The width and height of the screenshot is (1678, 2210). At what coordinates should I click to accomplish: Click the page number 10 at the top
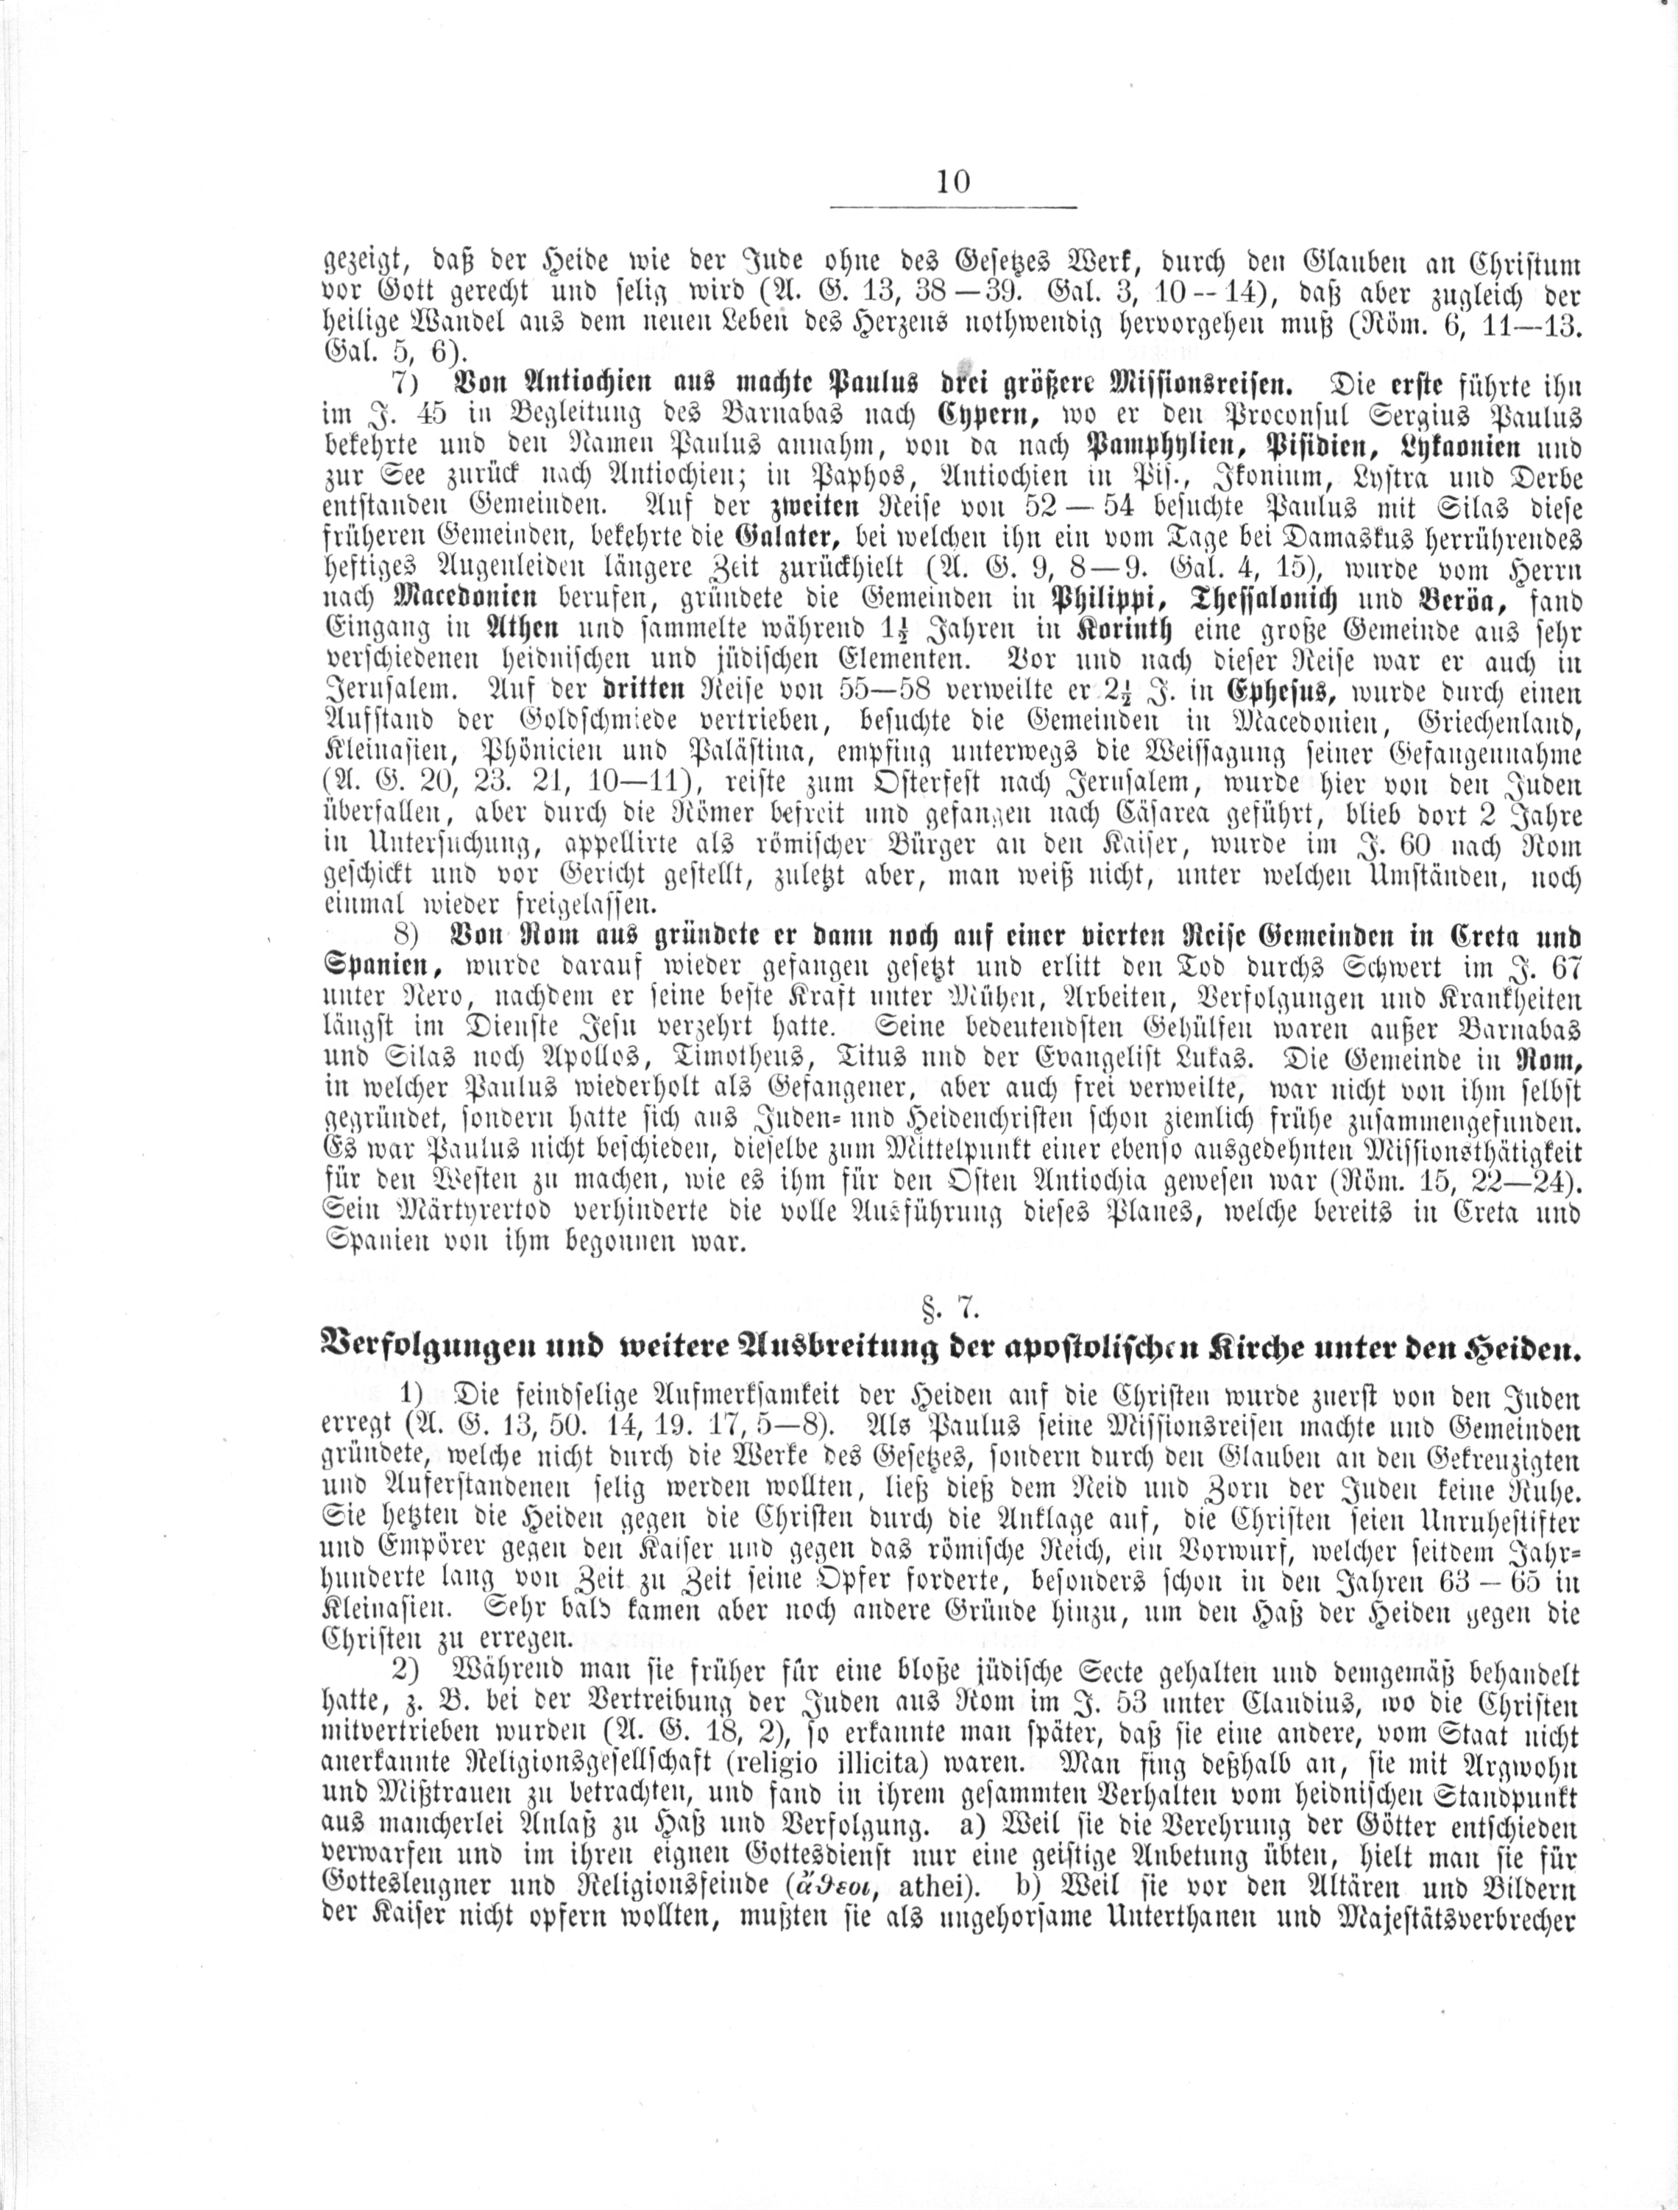[953, 182]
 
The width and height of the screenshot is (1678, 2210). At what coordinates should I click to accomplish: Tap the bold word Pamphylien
[1150, 445]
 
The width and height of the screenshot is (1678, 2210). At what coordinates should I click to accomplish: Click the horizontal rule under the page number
[953, 207]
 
